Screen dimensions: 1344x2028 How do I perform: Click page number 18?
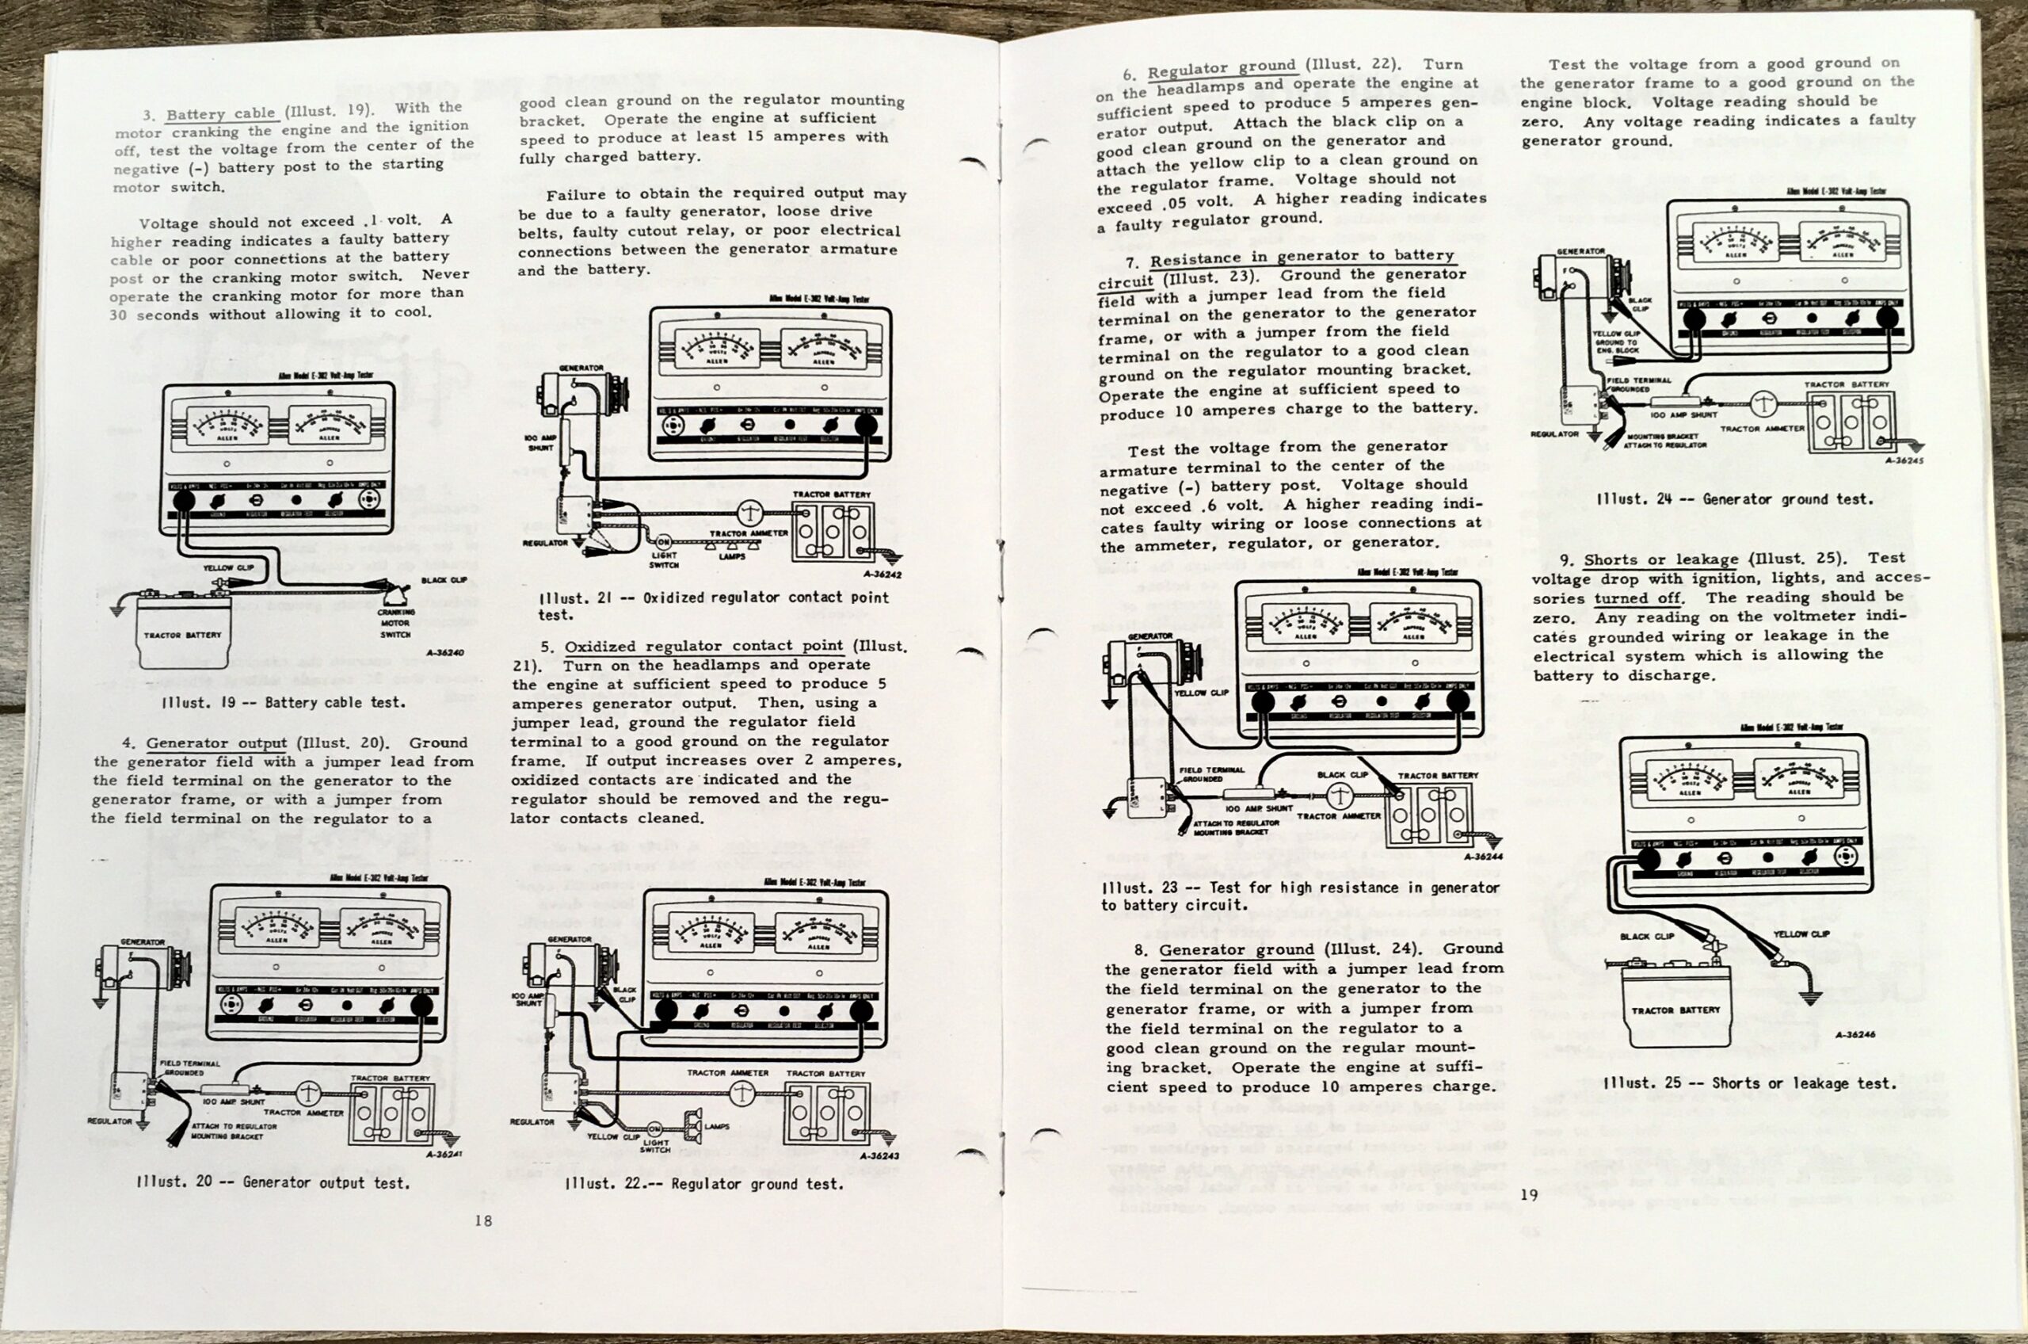point(483,1220)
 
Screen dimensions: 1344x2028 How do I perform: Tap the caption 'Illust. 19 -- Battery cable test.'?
point(283,702)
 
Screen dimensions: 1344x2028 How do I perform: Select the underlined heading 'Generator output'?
point(216,743)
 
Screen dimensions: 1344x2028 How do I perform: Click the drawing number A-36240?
point(444,653)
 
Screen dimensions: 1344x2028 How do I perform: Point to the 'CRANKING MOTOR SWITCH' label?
point(396,623)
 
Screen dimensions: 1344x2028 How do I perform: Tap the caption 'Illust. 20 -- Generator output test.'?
point(273,1183)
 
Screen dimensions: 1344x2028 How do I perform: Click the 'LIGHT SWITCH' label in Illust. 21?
point(664,559)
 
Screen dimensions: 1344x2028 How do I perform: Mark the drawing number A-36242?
point(882,575)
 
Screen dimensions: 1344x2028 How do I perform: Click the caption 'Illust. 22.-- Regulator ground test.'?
point(703,1185)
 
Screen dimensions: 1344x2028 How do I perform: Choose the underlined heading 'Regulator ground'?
point(1221,67)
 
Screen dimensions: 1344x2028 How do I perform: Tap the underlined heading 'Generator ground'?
point(1236,949)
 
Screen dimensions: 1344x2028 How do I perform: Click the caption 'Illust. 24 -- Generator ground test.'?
point(1734,499)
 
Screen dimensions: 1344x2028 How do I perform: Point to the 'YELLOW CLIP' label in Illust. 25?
point(1801,934)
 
